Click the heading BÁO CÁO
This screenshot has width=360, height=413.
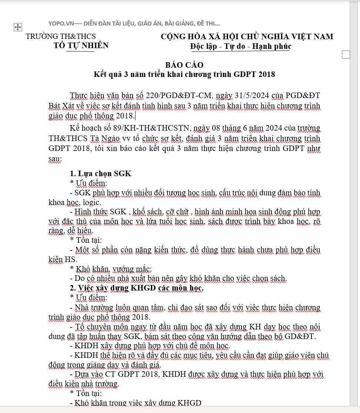184,65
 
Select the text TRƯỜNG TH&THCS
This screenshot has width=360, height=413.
61,36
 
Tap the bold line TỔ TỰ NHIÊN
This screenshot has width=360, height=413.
81,46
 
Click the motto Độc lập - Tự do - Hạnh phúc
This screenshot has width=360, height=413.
241,46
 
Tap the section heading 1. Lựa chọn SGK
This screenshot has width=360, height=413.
100,174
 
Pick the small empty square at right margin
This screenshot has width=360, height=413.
346,55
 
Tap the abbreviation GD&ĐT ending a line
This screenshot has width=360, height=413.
300,336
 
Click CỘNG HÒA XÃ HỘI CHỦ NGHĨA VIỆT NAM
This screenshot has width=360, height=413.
247,37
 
